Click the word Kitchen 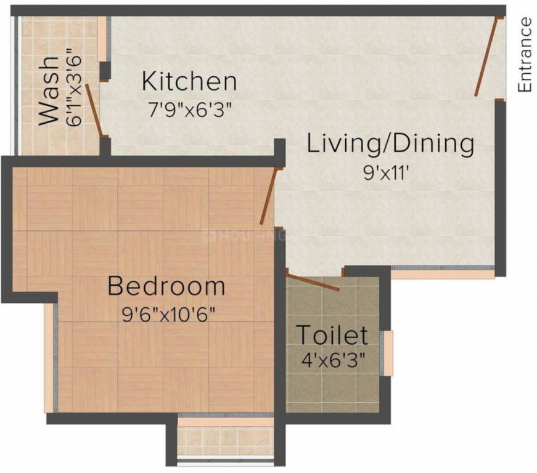189,81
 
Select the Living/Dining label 390,144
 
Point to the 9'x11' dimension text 387,173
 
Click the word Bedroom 166,286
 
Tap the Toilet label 332,336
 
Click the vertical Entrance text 525,55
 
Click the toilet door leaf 313,282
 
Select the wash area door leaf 94,110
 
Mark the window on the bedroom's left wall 49,357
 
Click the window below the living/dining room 443,271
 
